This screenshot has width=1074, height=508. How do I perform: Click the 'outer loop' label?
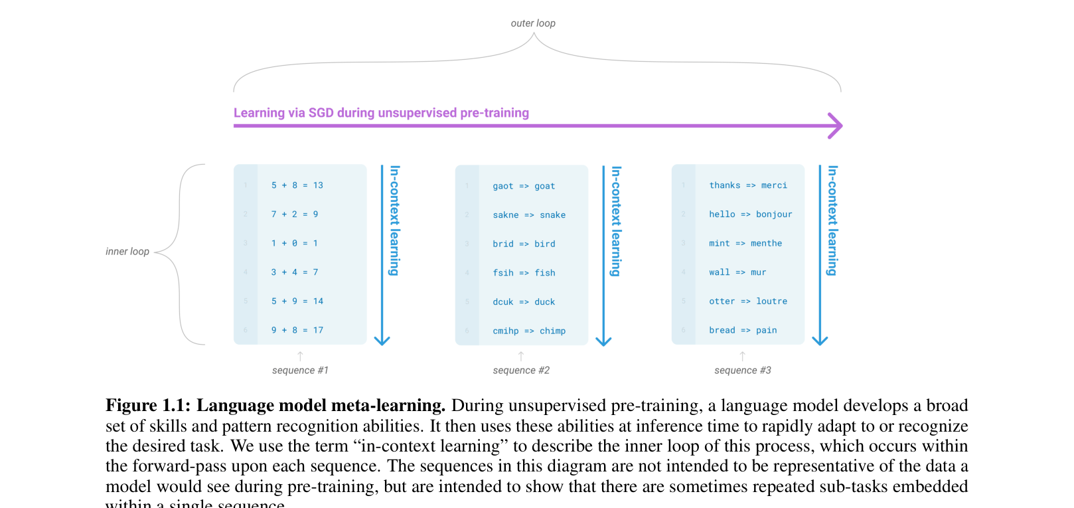click(532, 23)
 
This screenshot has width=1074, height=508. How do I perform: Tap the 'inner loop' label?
click(127, 252)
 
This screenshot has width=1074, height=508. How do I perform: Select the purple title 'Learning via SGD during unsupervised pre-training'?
click(381, 113)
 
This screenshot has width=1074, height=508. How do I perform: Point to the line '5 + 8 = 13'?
click(297, 185)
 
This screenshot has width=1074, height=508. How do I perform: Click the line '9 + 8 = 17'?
click(297, 330)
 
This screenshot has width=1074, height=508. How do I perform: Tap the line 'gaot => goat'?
click(524, 186)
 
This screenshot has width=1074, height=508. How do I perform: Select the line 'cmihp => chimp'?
click(529, 331)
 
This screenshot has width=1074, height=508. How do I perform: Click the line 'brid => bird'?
click(524, 244)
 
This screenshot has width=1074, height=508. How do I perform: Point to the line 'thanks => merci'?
click(748, 185)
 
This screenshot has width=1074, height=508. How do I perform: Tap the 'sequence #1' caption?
click(300, 371)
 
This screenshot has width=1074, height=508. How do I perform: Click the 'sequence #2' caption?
click(521, 371)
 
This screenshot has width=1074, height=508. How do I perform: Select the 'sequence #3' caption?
click(743, 371)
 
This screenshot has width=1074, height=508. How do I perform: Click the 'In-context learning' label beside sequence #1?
click(395, 220)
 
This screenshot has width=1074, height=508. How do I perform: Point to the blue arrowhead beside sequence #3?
click(820, 340)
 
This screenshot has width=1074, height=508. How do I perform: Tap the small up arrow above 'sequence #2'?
click(521, 357)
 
